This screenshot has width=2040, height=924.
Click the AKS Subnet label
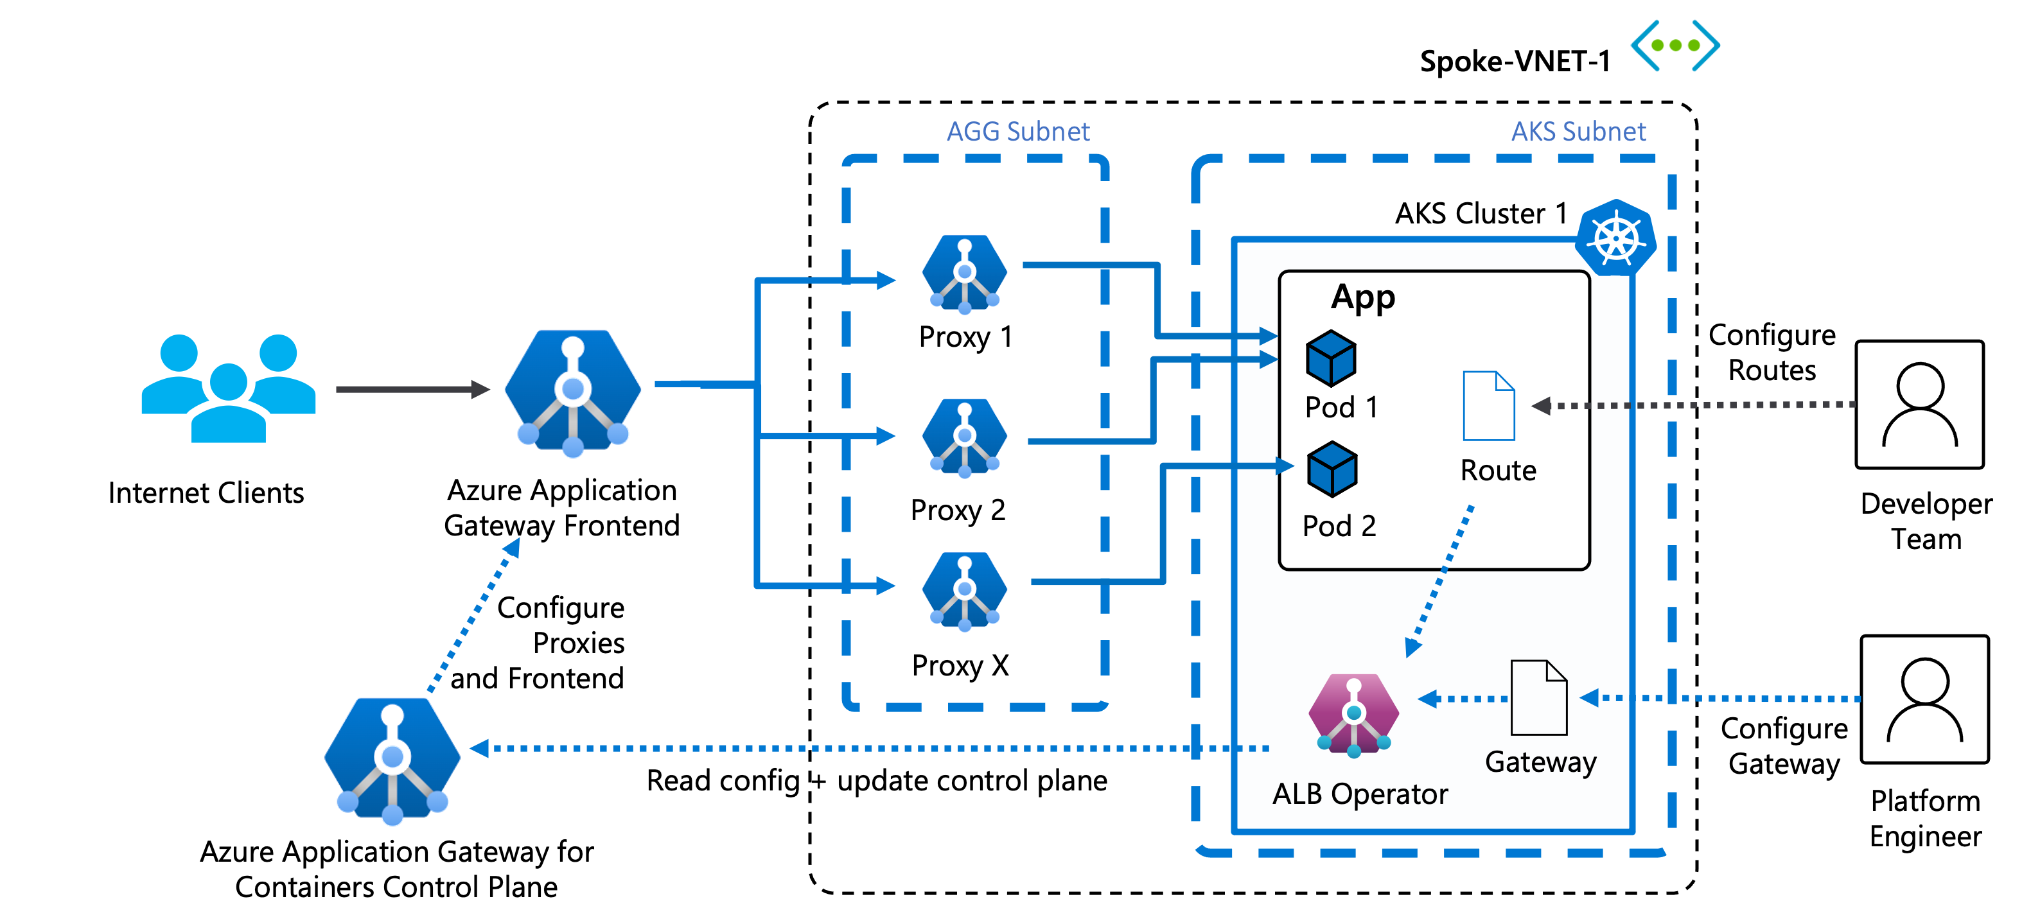point(1578,132)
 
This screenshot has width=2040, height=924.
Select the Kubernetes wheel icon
point(1615,238)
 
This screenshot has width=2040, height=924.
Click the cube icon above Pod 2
point(1332,469)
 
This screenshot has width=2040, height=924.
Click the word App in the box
point(1363,298)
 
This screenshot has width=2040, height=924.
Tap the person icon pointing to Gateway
point(1924,699)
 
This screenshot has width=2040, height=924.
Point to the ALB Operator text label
point(1360,794)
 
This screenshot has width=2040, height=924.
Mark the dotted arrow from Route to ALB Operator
point(1439,581)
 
